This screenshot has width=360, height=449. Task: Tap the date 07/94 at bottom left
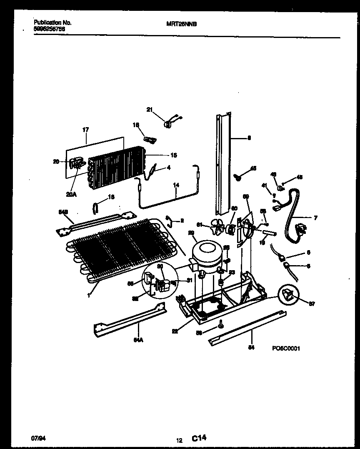tap(37, 438)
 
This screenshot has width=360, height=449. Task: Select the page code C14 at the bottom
tap(199, 438)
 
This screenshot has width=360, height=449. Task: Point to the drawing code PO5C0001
tap(286, 349)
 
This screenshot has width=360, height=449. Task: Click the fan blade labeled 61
tap(216, 227)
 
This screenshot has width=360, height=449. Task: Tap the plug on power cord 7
tap(300, 229)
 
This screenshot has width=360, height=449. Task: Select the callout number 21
tap(150, 110)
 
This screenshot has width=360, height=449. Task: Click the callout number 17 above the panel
tap(85, 130)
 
